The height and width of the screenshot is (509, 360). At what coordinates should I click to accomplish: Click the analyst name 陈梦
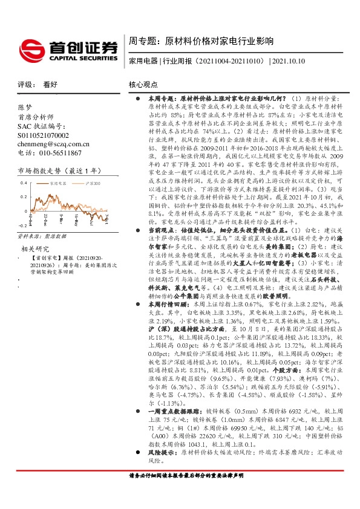[x=25, y=106]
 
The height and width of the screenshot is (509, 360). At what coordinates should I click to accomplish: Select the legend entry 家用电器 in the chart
[x=58, y=182]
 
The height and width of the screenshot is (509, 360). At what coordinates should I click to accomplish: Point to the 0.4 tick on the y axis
[x=25, y=182]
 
